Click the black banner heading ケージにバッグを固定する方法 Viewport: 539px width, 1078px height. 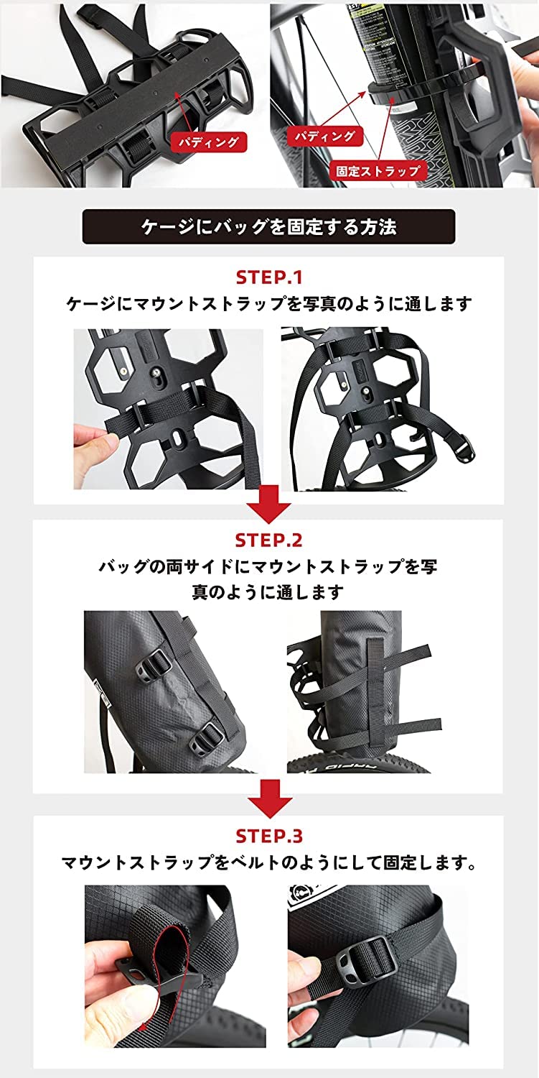click(x=268, y=227)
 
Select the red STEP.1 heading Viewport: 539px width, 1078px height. click(x=269, y=277)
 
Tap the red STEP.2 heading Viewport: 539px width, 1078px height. click(x=269, y=540)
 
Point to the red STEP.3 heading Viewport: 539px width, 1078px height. click(x=269, y=836)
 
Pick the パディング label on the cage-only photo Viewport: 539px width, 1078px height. click(x=208, y=141)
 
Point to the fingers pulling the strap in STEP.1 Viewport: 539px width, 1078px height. click(x=90, y=431)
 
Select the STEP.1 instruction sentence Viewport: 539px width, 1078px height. click(x=269, y=304)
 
